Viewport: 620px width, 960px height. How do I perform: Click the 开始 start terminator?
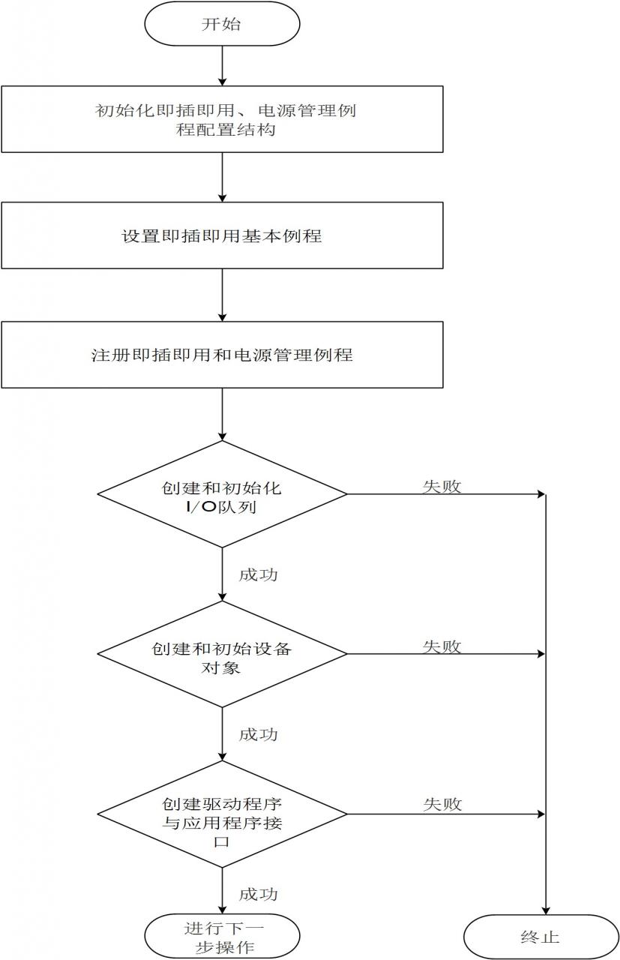click(222, 24)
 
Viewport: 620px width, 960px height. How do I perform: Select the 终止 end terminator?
click(541, 937)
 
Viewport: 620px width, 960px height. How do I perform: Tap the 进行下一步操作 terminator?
click(222, 937)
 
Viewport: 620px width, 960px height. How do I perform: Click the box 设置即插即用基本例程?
click(222, 235)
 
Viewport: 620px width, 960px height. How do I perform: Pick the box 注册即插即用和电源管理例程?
click(222, 355)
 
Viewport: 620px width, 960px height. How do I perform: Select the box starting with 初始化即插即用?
click(222, 119)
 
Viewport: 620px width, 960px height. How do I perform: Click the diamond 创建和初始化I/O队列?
click(222, 494)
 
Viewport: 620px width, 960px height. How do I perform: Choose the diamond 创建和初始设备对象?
click(222, 654)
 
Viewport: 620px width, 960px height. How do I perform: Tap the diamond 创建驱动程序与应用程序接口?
click(222, 814)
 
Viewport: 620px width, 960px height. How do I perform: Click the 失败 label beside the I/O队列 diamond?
click(442, 486)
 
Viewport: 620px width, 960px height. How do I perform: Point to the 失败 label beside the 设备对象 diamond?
click(442, 646)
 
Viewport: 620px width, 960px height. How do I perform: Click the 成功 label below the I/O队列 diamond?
click(259, 574)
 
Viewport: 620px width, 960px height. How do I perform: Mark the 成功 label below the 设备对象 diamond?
click(259, 734)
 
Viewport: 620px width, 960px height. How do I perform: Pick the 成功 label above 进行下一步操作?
click(259, 895)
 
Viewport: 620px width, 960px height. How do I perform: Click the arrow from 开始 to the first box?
click(222, 65)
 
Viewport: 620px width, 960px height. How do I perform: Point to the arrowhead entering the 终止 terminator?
click(546, 910)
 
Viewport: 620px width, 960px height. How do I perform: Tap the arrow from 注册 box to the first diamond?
click(222, 415)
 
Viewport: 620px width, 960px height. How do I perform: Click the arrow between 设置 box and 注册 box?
click(222, 295)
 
